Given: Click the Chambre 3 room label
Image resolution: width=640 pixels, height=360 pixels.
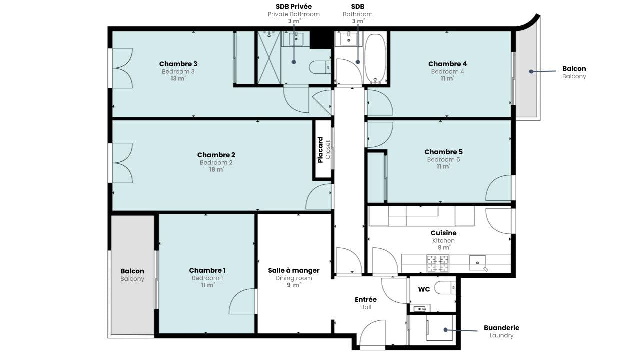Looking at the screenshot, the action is click(x=178, y=64).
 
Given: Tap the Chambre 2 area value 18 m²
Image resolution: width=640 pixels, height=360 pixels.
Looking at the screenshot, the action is click(x=216, y=169).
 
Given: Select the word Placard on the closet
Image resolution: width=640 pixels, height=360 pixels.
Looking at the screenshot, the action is click(x=320, y=150).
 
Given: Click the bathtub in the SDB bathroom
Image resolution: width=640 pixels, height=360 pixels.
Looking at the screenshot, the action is click(x=375, y=58).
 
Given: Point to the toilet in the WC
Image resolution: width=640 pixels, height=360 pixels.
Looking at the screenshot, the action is click(x=445, y=288).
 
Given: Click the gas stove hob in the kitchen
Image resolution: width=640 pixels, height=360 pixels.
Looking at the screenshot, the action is click(x=438, y=263).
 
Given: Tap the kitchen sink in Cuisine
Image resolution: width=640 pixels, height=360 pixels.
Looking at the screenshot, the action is click(x=477, y=263).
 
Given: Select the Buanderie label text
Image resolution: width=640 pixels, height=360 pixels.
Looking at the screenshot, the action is click(x=501, y=328).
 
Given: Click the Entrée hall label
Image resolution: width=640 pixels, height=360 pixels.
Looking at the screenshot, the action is click(x=366, y=299).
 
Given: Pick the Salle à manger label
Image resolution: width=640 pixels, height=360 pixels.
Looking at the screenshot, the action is click(x=294, y=270).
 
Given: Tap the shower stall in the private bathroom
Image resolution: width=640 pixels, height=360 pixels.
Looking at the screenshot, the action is click(x=269, y=58).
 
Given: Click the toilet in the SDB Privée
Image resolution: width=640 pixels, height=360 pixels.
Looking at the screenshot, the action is click(x=320, y=67).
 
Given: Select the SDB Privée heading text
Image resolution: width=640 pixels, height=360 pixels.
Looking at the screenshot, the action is click(x=293, y=6).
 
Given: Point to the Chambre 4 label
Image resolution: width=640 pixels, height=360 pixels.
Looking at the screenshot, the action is click(x=447, y=64).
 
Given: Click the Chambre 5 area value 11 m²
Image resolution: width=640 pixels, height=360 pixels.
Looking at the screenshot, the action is click(x=443, y=166).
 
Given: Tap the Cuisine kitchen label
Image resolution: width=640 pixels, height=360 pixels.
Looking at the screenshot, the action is click(x=443, y=233).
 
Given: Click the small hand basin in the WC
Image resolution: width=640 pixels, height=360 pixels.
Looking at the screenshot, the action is click(x=420, y=308).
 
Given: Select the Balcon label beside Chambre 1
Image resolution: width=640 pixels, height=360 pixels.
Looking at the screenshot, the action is click(x=132, y=271).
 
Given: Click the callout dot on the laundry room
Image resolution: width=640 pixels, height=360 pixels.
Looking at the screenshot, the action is click(x=445, y=330).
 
